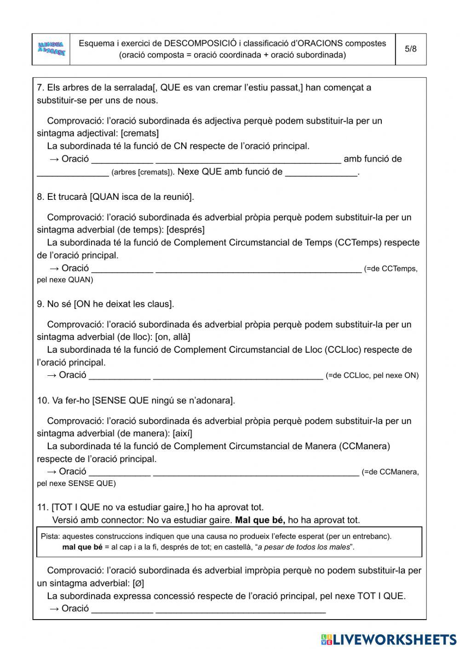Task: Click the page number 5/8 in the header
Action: (x=410, y=49)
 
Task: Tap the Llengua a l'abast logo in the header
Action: (x=52, y=49)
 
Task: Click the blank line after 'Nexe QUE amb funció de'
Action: (x=321, y=173)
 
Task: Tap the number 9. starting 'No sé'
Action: (x=40, y=304)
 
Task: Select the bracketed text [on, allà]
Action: (x=172, y=337)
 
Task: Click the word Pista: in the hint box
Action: (x=51, y=536)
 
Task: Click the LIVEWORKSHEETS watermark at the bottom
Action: (x=389, y=639)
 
